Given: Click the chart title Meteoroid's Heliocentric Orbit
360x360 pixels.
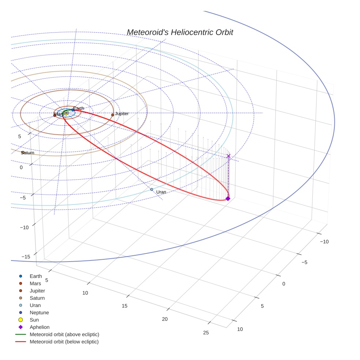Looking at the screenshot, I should point(180,33).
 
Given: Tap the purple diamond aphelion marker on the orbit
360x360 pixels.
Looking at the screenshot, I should point(228,198).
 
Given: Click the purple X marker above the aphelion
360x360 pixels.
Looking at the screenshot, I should point(229,156).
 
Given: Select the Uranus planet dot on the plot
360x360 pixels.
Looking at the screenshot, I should point(151,189).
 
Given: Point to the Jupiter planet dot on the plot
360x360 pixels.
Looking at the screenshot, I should point(113,115).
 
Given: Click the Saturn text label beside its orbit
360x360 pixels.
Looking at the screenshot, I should point(28,153).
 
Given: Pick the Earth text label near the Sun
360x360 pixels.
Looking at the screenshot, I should point(79,108).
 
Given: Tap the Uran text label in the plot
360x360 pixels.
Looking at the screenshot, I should point(161,192).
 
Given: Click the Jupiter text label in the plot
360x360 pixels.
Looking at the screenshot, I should point(122,114).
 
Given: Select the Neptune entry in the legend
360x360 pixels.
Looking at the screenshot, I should point(39,312).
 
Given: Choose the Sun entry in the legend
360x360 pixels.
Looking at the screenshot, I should point(34,320).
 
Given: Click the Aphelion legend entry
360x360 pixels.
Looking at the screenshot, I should point(40,327).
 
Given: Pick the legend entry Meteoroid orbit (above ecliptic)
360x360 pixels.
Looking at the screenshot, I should point(64,334).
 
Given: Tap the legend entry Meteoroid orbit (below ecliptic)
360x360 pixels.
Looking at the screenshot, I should point(64,342).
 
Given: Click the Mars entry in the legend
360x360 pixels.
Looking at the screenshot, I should point(35,284).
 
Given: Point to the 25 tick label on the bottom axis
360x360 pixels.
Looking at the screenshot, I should point(206,333).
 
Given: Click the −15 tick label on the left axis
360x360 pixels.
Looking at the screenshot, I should point(26,257).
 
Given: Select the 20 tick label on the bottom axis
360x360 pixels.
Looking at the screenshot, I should point(165,319).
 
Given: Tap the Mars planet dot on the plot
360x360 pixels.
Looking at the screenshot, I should point(55,115).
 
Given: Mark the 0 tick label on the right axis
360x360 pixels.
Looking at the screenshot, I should point(284,284).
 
